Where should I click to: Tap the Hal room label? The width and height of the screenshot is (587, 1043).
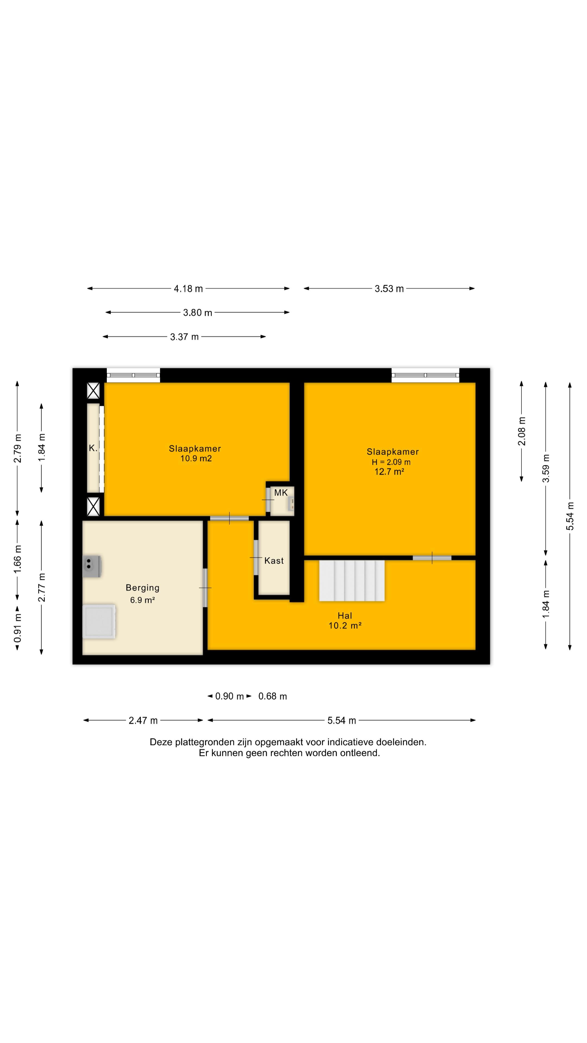tap(345, 615)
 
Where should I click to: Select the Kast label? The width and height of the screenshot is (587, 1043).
tap(274, 561)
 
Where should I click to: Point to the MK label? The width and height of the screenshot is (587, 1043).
tap(281, 493)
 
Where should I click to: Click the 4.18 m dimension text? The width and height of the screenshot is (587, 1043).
tap(188, 289)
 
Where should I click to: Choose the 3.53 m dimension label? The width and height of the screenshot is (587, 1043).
tap(389, 289)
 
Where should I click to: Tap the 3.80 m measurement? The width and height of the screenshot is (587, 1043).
tap(198, 313)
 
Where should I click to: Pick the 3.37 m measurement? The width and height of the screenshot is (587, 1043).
tap(184, 337)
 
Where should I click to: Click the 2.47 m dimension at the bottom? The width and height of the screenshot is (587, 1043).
tap(143, 720)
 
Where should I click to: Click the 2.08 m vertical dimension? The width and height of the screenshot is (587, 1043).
tap(522, 431)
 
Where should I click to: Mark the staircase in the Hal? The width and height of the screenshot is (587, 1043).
tap(352, 581)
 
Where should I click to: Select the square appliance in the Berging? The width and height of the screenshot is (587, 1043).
tap(99, 621)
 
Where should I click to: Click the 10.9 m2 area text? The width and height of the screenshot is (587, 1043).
tap(196, 458)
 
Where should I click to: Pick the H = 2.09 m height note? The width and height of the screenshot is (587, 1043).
tap(391, 462)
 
